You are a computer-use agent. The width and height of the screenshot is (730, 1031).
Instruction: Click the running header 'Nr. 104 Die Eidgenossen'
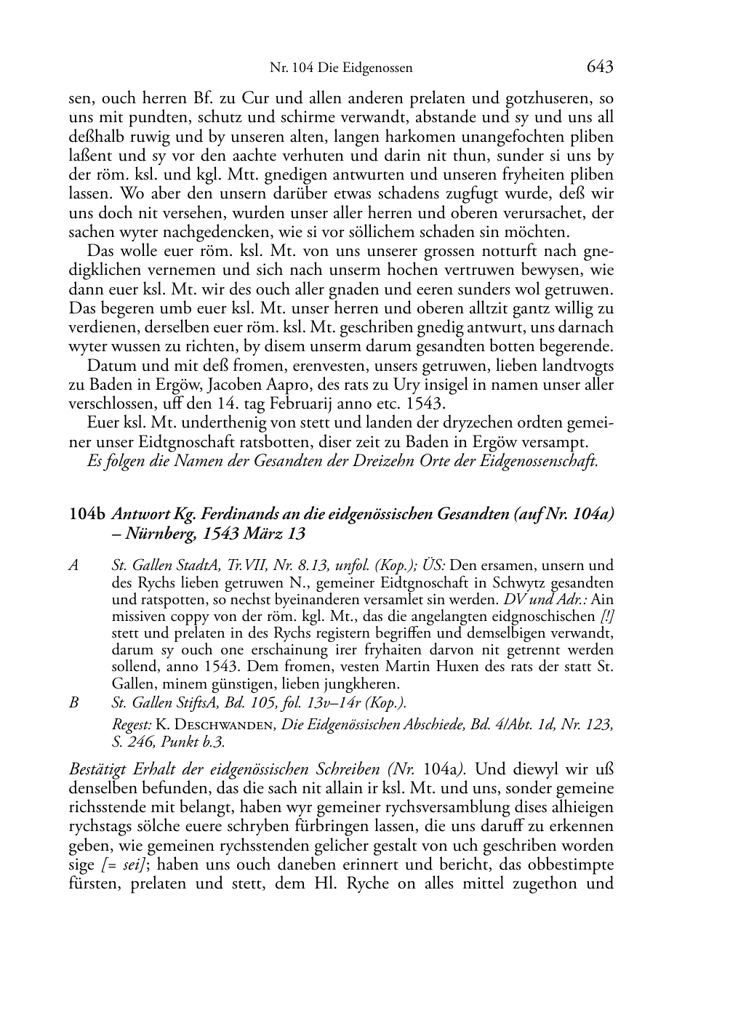(x=341, y=69)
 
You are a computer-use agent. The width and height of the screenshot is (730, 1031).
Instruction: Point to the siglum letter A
(x=73, y=566)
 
